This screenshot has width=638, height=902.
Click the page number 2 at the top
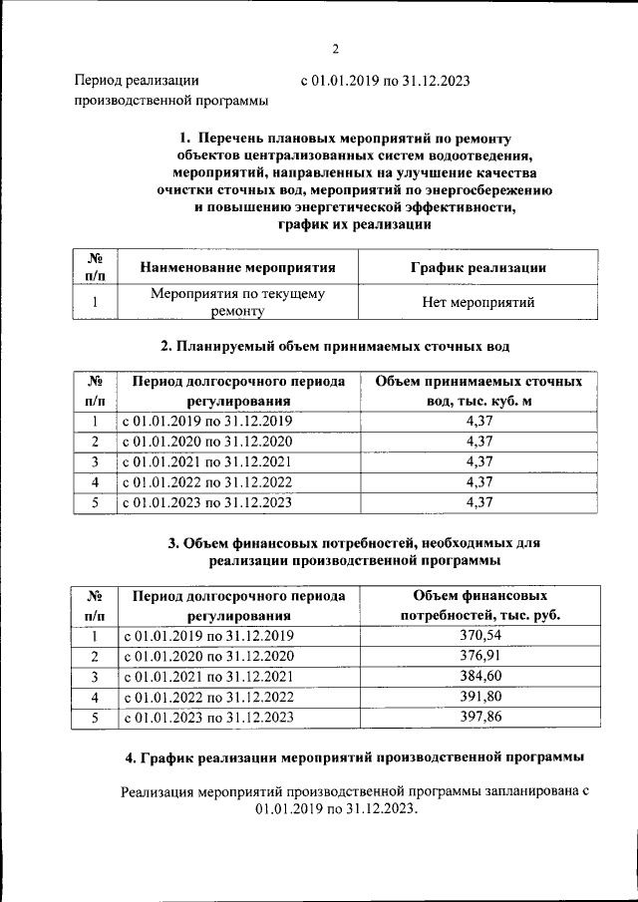336,50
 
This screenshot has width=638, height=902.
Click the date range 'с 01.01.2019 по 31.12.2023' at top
384,81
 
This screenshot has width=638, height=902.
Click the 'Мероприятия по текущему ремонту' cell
237,303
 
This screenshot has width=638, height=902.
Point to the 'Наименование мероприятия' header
237,267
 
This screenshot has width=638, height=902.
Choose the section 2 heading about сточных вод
335,347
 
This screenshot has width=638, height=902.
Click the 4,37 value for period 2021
479,461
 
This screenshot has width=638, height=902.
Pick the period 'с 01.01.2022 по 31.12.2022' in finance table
208,697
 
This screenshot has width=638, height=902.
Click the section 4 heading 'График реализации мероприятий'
354,758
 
